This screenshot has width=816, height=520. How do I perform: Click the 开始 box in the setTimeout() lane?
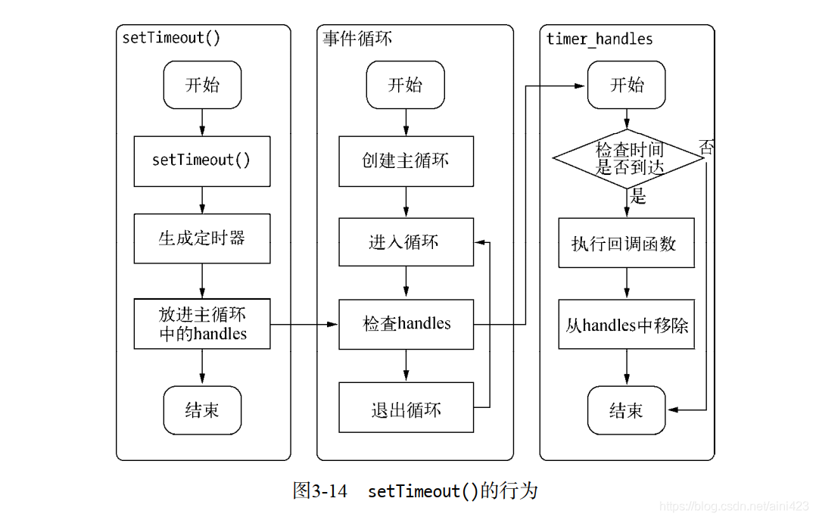point(202,85)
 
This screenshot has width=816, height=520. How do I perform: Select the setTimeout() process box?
point(202,160)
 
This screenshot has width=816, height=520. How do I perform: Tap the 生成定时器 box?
point(202,238)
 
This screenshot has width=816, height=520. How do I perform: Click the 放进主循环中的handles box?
point(202,324)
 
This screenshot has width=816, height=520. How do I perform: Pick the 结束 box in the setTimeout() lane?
point(202,410)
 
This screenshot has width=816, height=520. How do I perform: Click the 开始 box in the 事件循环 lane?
point(405,85)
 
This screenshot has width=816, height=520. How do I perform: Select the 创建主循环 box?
point(406,160)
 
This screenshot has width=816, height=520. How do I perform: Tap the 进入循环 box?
point(406,242)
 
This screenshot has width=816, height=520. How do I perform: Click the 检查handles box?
point(406,324)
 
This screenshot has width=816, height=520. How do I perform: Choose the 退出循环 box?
point(406,410)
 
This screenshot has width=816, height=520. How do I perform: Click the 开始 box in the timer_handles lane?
point(627,85)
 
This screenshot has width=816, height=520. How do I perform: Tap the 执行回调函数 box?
point(626,243)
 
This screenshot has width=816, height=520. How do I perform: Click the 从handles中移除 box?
point(626,325)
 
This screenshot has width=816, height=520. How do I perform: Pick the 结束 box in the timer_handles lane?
point(626,410)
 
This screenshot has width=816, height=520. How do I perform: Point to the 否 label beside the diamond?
point(706,148)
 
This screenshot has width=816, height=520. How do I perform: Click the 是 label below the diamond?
point(638,198)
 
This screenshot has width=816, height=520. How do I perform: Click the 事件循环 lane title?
point(357,39)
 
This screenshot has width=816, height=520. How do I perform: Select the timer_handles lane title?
point(600,39)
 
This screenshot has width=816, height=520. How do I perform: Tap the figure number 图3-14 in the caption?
point(319,491)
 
